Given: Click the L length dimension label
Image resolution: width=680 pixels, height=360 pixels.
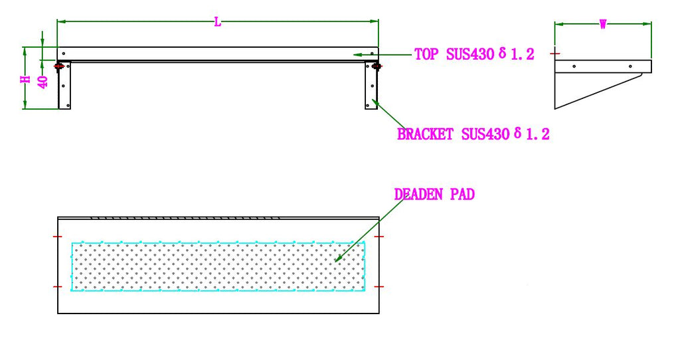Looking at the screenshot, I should (218, 22).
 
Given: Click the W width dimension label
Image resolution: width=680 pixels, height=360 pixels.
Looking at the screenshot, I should (603, 25).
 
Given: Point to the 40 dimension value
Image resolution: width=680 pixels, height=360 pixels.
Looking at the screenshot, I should (43, 82).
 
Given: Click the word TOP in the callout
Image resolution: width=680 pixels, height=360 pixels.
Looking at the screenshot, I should (426, 54).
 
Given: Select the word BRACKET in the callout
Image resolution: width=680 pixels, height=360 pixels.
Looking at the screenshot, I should (426, 134).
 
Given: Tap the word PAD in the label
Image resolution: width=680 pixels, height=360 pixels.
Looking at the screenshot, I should (464, 195).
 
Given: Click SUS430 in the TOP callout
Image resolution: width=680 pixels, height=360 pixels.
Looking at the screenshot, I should (468, 54).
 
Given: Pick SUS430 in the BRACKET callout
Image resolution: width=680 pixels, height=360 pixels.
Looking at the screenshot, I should (485, 134).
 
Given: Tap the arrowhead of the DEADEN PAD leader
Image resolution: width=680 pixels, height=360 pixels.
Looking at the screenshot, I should (338, 259).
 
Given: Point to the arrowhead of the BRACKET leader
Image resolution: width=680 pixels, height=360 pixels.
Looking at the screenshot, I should (375, 102).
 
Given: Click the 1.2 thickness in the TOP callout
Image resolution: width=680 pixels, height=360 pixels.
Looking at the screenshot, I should (522, 54).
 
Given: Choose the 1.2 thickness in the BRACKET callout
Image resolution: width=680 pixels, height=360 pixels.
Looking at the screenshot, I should (538, 134).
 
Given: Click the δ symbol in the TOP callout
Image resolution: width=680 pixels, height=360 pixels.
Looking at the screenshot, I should (501, 53).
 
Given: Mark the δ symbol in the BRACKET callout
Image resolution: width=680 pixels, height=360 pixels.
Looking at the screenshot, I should (517, 133).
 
